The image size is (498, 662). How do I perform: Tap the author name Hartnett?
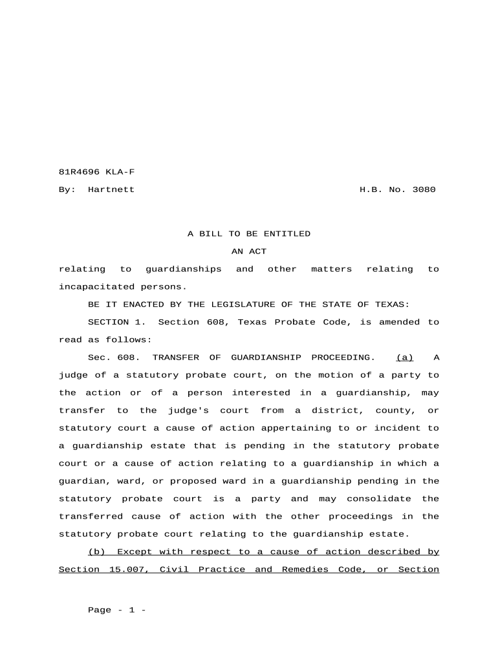111,189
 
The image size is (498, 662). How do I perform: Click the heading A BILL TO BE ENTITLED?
249,233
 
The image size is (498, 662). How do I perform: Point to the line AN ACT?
249,251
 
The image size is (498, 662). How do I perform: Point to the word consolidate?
379,498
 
